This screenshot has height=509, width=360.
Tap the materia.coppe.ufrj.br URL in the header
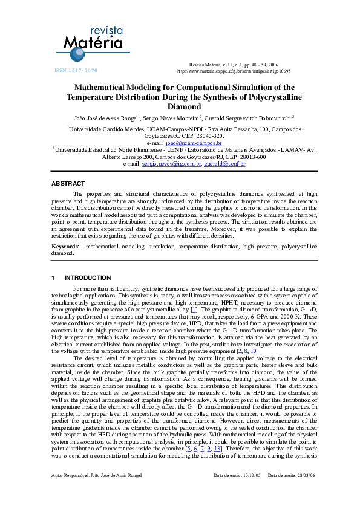point(234,71)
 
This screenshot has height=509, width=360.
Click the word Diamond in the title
point(180,106)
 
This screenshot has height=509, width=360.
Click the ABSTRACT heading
point(68,183)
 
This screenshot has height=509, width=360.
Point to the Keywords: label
point(65,247)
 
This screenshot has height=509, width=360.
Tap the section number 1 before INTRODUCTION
point(53,278)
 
